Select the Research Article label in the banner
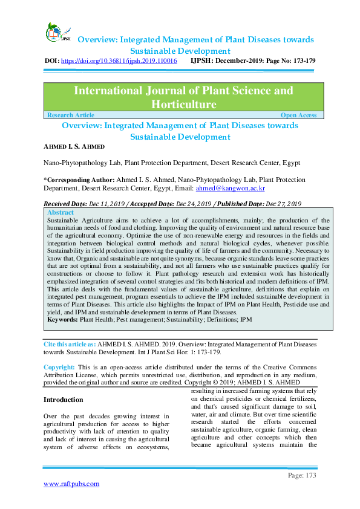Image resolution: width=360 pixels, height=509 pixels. (x=71, y=115)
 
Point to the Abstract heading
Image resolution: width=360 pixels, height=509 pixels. (x=61, y=213)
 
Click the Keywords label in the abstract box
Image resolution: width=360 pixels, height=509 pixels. (x=62, y=318)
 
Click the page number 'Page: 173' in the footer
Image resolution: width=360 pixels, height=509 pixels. (x=302, y=476)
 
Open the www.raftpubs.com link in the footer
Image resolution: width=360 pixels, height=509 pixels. (x=71, y=484)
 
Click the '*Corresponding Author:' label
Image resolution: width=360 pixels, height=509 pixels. (x=79, y=180)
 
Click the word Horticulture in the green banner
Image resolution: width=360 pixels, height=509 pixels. (x=184, y=105)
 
